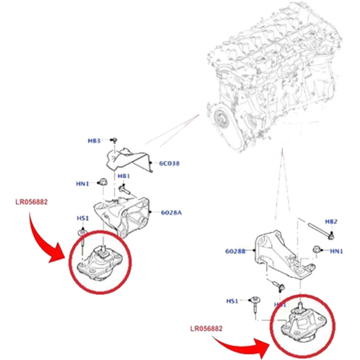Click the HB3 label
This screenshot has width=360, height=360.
pyautogui.click(x=94, y=141)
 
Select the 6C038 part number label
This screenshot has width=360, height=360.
pyautogui.click(x=169, y=163)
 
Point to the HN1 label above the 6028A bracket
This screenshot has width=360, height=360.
pyautogui.click(x=82, y=183)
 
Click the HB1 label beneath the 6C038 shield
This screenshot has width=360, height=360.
pyautogui.click(x=124, y=176)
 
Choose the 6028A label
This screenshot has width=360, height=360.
pyautogui.click(x=171, y=212)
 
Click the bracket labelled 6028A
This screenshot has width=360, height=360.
pyautogui.click(x=123, y=214)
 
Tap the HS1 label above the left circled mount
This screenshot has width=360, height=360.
pyautogui.click(x=82, y=218)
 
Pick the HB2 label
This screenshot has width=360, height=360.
pyautogui.click(x=331, y=221)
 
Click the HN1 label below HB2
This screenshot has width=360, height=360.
pyautogui.click(x=336, y=251)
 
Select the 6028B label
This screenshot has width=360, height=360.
pyautogui.click(x=235, y=251)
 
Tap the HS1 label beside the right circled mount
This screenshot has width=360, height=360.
pyautogui.click(x=232, y=301)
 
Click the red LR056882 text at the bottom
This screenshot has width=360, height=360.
pyautogui.click(x=206, y=328)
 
